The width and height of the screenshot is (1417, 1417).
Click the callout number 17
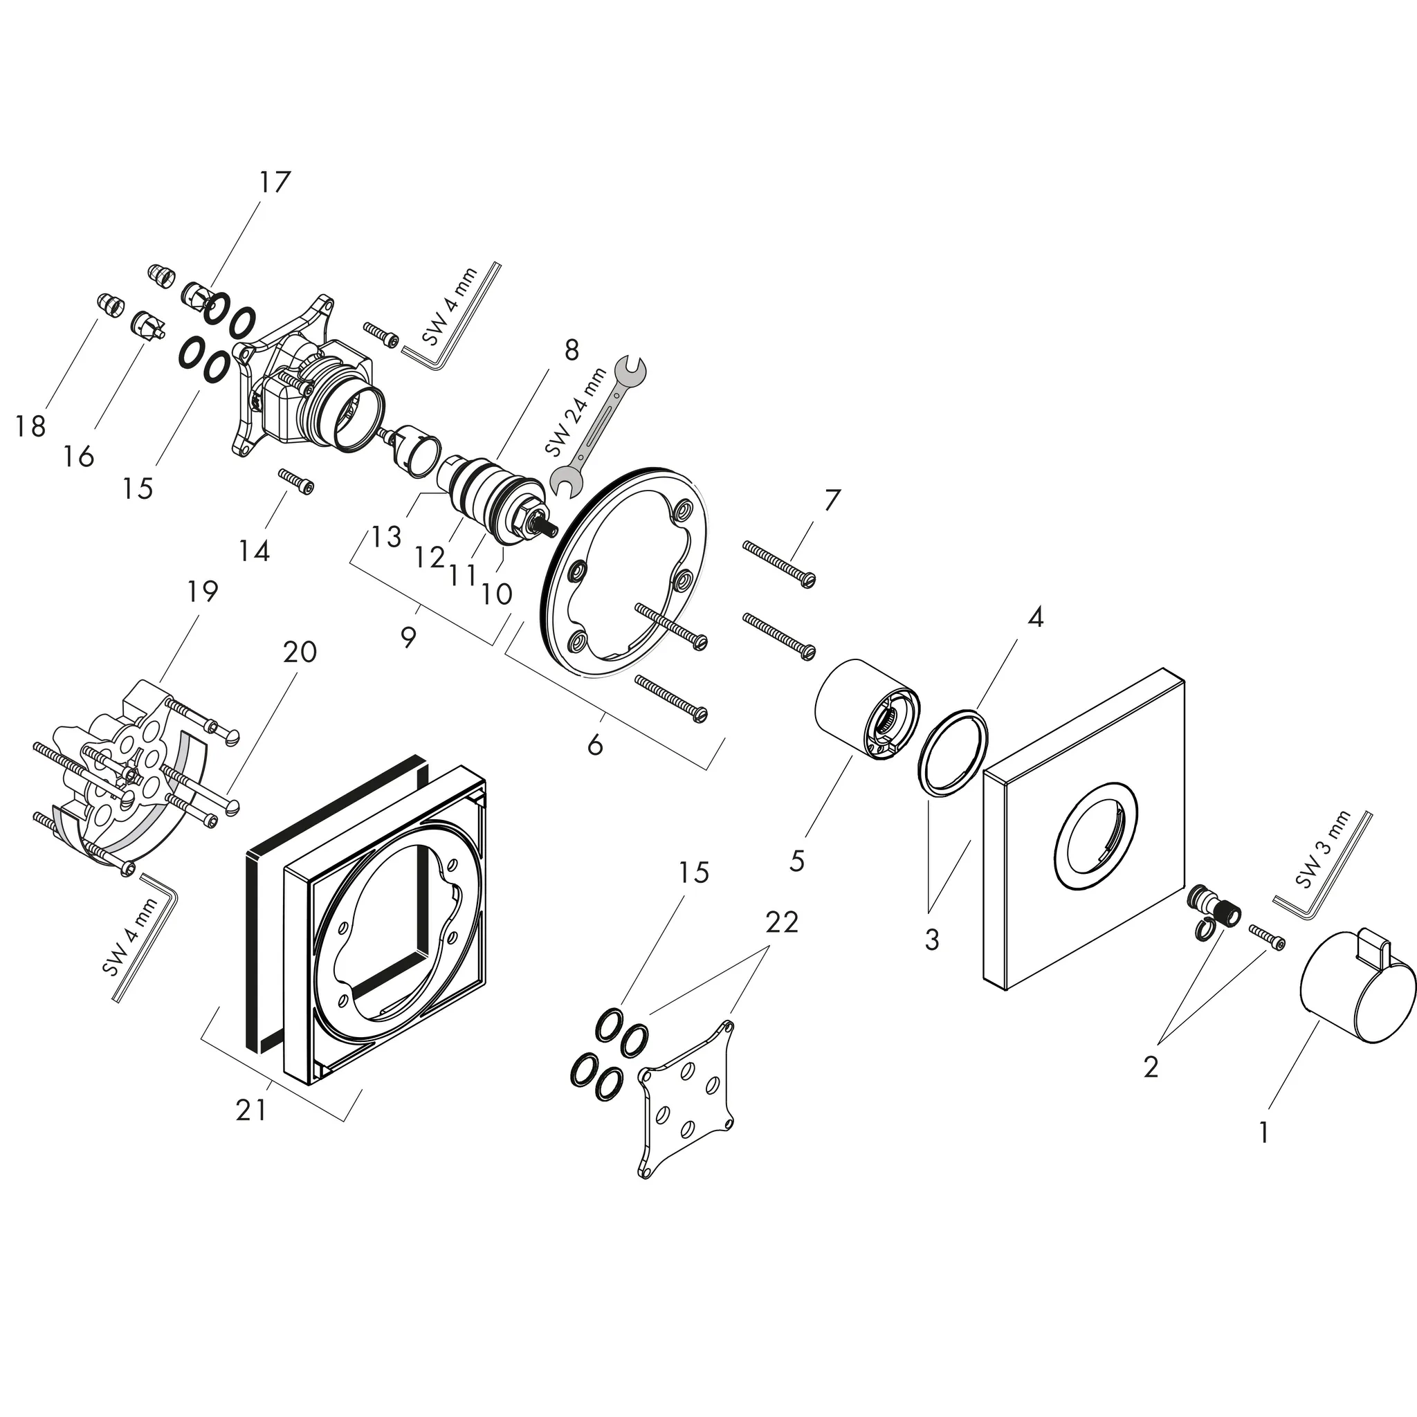coord(274,182)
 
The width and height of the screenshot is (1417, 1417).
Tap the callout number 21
coord(251,1110)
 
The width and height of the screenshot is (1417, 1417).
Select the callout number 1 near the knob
coord(1263,1133)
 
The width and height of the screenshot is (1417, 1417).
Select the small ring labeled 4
coord(953,751)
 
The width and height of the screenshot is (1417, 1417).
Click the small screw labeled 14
coord(296,480)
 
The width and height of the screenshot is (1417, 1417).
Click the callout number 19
coord(203,591)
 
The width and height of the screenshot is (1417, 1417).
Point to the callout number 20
coord(299,651)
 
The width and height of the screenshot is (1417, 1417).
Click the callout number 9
coord(408,637)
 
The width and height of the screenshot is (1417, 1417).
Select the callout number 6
coord(595,745)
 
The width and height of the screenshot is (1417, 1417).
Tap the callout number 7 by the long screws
coord(831,500)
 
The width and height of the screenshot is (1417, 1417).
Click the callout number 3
coord(931,940)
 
